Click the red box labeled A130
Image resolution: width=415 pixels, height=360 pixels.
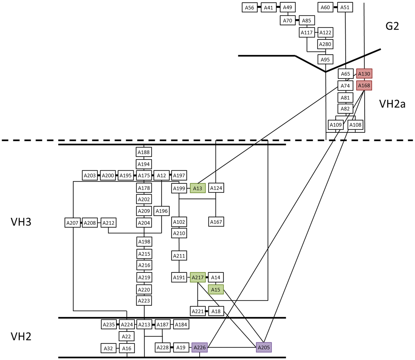click(x=364, y=74)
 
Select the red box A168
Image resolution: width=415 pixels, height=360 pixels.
click(x=364, y=86)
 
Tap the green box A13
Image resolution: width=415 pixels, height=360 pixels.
click(x=198, y=188)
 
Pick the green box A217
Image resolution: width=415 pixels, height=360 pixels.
click(x=198, y=277)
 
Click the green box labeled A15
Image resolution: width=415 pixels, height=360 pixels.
click(x=216, y=289)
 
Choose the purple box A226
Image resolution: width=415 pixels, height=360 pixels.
click(x=199, y=347)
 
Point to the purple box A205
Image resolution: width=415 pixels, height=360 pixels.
click(x=264, y=347)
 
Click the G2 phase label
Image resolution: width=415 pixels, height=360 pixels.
click(x=392, y=26)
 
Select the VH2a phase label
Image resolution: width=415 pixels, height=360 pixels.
click(x=392, y=104)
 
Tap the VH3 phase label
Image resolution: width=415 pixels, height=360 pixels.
click(x=21, y=222)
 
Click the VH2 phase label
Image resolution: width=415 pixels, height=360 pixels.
click(x=21, y=336)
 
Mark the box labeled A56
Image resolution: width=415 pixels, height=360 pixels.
click(x=250, y=7)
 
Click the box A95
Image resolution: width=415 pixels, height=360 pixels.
click(x=325, y=59)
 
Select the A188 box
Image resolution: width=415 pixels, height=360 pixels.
click(x=144, y=152)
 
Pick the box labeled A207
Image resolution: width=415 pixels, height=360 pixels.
click(x=72, y=223)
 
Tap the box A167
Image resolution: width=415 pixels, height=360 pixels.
click(x=216, y=222)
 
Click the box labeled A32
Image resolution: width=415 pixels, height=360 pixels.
click(x=108, y=348)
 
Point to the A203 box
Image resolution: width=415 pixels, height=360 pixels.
click(x=90, y=175)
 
